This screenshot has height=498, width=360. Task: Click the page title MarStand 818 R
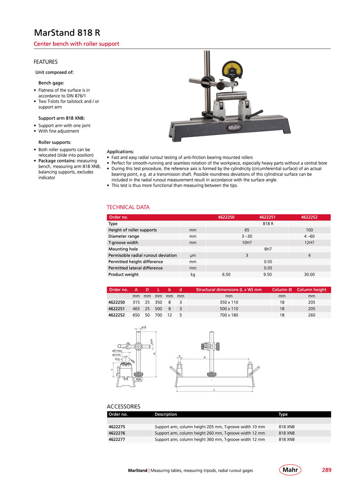[x=67, y=33]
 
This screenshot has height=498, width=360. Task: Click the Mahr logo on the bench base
[x=234, y=127]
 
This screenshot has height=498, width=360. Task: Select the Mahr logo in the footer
[x=290, y=470]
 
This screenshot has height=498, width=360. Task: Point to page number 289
[x=326, y=470]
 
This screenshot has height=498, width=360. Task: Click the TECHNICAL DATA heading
[x=128, y=207]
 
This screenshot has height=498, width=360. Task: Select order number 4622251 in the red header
[x=267, y=217]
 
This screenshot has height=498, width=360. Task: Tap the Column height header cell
[x=311, y=290]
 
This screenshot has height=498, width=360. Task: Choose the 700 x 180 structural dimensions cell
[x=229, y=315]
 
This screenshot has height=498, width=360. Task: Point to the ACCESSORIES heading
[x=123, y=406]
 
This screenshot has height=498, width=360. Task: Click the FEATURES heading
[x=45, y=62]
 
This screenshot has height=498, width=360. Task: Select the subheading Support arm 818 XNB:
[x=62, y=118]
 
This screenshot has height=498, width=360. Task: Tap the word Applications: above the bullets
[x=120, y=151]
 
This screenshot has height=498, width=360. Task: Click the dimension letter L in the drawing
[x=214, y=390]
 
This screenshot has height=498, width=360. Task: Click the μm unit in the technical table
[x=193, y=256]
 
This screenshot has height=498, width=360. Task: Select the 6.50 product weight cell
[x=226, y=274]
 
